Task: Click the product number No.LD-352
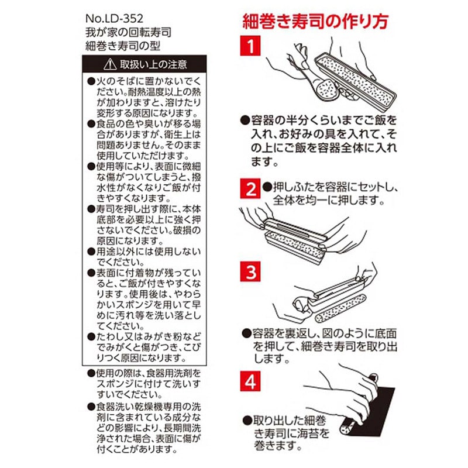pyautogui.click(x=114, y=19)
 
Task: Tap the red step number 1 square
pyautogui.click(x=250, y=46)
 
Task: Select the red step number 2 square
pyautogui.click(x=250, y=188)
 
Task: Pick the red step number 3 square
pyautogui.click(x=250, y=271)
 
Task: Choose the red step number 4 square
pyautogui.click(x=250, y=381)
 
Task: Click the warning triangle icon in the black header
pyautogui.click(x=110, y=64)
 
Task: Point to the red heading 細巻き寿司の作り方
pyautogui.click(x=315, y=21)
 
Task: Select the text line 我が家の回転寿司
pyautogui.click(x=128, y=32)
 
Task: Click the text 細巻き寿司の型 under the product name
pyautogui.click(x=123, y=46)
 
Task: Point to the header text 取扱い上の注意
pyautogui.click(x=153, y=64)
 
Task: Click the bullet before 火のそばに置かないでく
pyautogui.click(x=91, y=81)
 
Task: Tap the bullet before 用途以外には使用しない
pyautogui.click(x=91, y=252)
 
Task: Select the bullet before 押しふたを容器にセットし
pyautogui.click(x=267, y=187)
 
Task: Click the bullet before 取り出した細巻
pyautogui.click(x=247, y=421)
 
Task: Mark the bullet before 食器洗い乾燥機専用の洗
pyautogui.click(x=91, y=407)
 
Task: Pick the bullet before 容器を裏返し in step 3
pyautogui.click(x=246, y=333)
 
